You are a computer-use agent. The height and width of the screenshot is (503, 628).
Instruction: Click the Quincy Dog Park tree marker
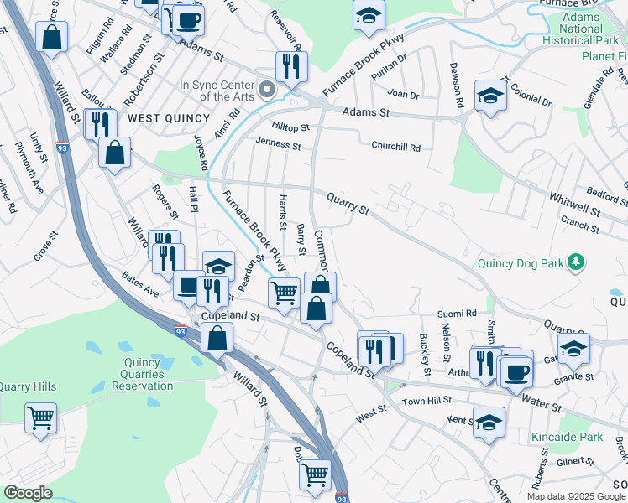click(575, 263)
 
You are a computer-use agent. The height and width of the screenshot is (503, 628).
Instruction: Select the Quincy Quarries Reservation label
click(136, 375)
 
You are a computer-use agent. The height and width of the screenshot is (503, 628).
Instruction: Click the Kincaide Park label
click(567, 437)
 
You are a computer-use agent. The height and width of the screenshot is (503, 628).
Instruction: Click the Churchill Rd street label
click(395, 146)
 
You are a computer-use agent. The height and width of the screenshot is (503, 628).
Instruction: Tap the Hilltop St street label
click(290, 127)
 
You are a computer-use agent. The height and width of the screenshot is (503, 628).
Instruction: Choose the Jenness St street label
click(278, 145)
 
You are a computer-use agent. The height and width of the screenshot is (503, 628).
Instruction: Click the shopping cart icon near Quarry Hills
click(40, 417)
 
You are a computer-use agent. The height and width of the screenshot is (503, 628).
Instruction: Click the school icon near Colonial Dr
click(489, 95)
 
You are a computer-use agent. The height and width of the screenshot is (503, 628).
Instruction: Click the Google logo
click(28, 493)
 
